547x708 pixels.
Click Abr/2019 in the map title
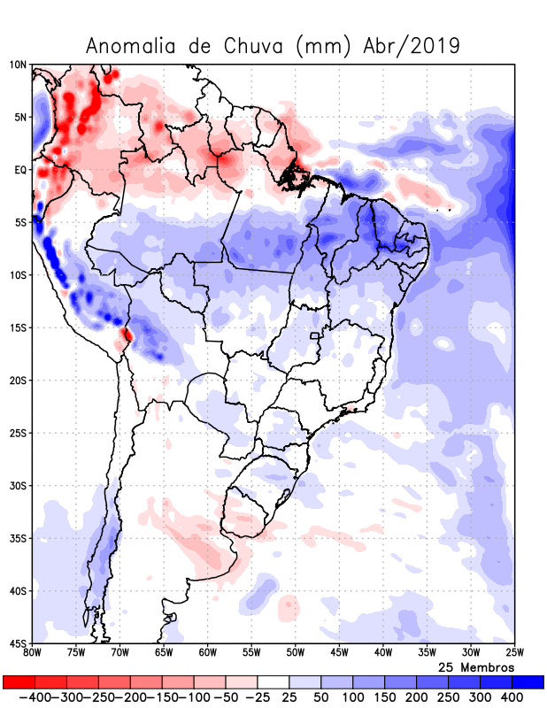(x=412, y=45)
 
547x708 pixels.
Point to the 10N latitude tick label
(x=18, y=65)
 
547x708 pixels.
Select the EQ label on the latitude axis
(x=19, y=170)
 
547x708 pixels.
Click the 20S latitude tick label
(x=18, y=381)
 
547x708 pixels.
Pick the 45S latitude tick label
(x=18, y=643)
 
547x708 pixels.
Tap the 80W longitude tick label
(x=33, y=653)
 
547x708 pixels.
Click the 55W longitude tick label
(x=251, y=653)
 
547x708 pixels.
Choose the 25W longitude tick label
(x=514, y=653)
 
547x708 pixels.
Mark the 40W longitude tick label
(x=382, y=653)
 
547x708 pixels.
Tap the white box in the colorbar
(x=273, y=681)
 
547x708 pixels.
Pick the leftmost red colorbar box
(x=19, y=681)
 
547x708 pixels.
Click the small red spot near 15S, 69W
(x=127, y=335)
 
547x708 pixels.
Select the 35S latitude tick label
(x=18, y=538)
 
